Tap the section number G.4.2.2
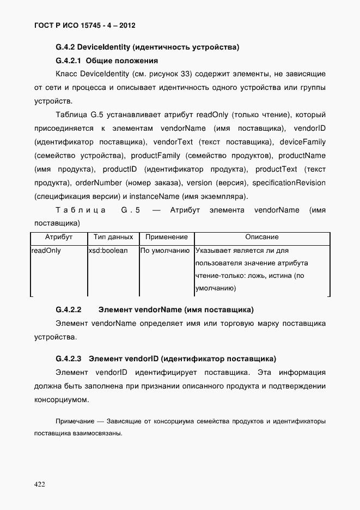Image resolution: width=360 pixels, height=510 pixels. click(x=69, y=310)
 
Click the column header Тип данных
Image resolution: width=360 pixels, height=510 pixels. click(x=113, y=238)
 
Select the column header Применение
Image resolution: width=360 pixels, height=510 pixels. click(x=166, y=238)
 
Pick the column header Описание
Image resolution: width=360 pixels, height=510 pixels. click(x=261, y=238)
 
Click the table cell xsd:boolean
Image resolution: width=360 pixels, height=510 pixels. click(x=108, y=251)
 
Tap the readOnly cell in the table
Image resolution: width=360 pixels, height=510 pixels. click(x=46, y=251)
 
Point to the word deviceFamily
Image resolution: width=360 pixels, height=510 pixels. click(x=303, y=142)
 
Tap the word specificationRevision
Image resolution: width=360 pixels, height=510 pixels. click(x=289, y=183)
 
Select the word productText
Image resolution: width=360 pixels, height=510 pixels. click(x=276, y=169)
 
